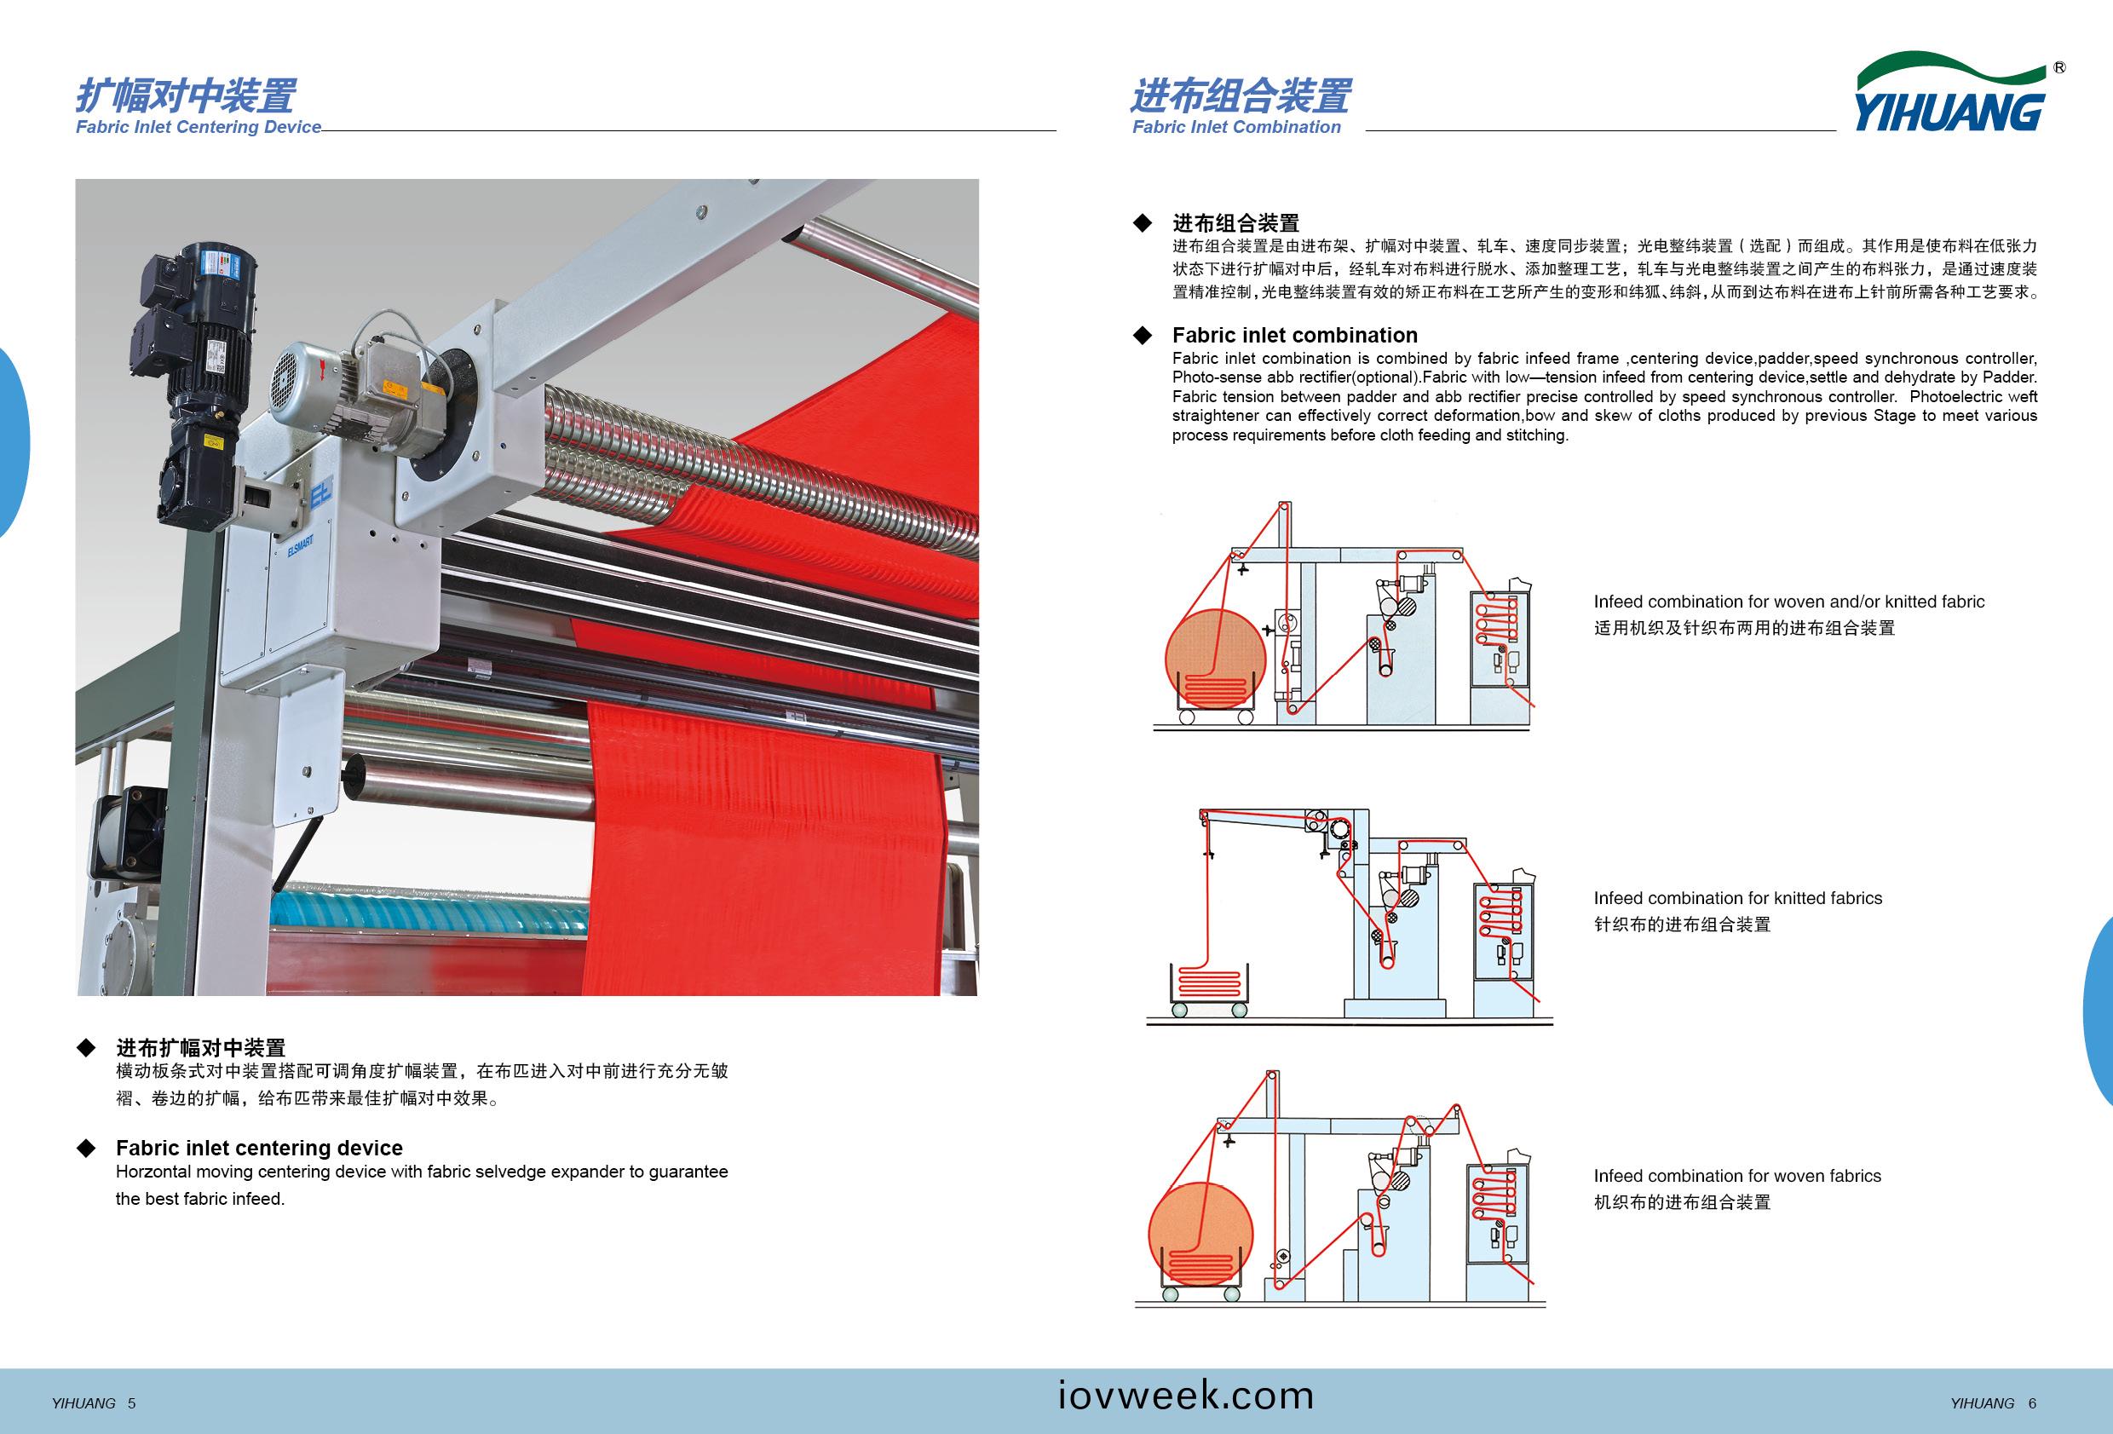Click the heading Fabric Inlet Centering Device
click(x=199, y=127)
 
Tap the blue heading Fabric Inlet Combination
click(x=1235, y=127)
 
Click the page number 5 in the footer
click(x=132, y=1403)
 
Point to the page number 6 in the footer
click(x=2032, y=1403)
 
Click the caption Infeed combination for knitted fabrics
click(x=1737, y=898)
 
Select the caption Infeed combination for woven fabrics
click(x=1736, y=1176)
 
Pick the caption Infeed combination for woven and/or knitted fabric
click(x=1788, y=602)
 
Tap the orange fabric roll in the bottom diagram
click(x=1201, y=1232)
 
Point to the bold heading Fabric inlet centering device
click(x=259, y=1148)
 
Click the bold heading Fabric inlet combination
click(x=1295, y=335)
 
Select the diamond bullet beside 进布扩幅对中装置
click(x=86, y=1047)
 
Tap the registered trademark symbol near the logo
click(x=2059, y=67)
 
